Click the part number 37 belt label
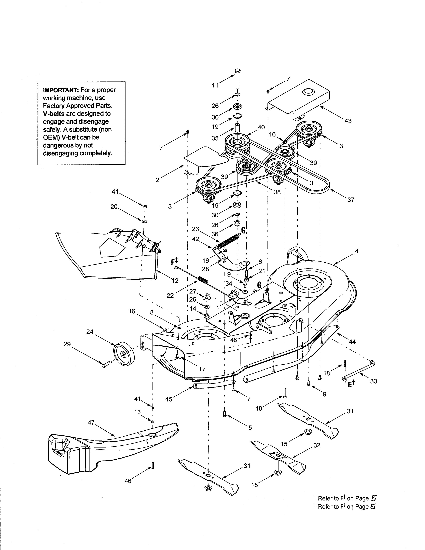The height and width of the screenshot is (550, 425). (x=351, y=200)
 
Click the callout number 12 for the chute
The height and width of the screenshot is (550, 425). (x=175, y=280)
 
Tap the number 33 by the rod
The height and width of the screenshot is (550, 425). (x=374, y=381)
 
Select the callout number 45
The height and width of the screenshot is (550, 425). (x=169, y=399)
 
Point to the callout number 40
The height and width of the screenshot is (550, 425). (x=261, y=127)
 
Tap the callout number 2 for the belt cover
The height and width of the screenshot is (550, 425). (x=158, y=180)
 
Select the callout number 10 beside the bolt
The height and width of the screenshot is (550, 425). (x=259, y=408)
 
